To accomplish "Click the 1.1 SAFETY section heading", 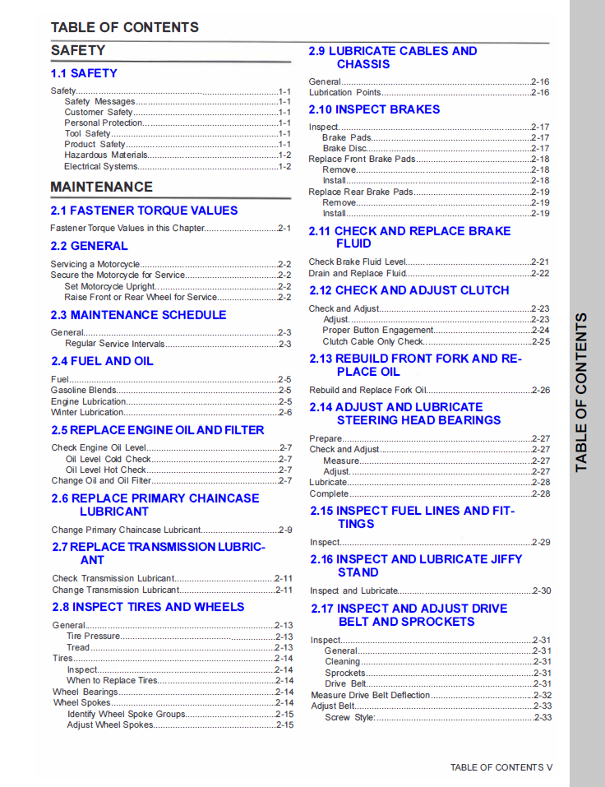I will point(84,73).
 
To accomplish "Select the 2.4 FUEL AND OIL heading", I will point(102,361).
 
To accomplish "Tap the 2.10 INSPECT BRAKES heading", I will point(374,109).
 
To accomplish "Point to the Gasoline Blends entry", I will point(84,391).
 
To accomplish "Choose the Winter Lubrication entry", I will point(88,412).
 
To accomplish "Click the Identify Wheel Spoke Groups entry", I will point(127,715).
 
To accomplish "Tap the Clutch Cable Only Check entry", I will point(373,341).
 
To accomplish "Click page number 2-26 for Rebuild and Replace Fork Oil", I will point(540,390).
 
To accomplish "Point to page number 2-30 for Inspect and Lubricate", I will point(541,590).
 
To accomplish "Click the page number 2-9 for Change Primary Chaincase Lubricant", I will point(284,530).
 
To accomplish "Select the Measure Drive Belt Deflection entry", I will point(371,695).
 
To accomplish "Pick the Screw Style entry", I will point(349,717).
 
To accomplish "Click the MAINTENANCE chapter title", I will point(102,187).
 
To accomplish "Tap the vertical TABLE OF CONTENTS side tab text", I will point(582,393).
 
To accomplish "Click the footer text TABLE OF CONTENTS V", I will point(501,767).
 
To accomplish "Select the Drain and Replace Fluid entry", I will point(358,273).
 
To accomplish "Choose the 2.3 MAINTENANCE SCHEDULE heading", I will point(138,315).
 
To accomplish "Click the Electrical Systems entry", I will point(101,166).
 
